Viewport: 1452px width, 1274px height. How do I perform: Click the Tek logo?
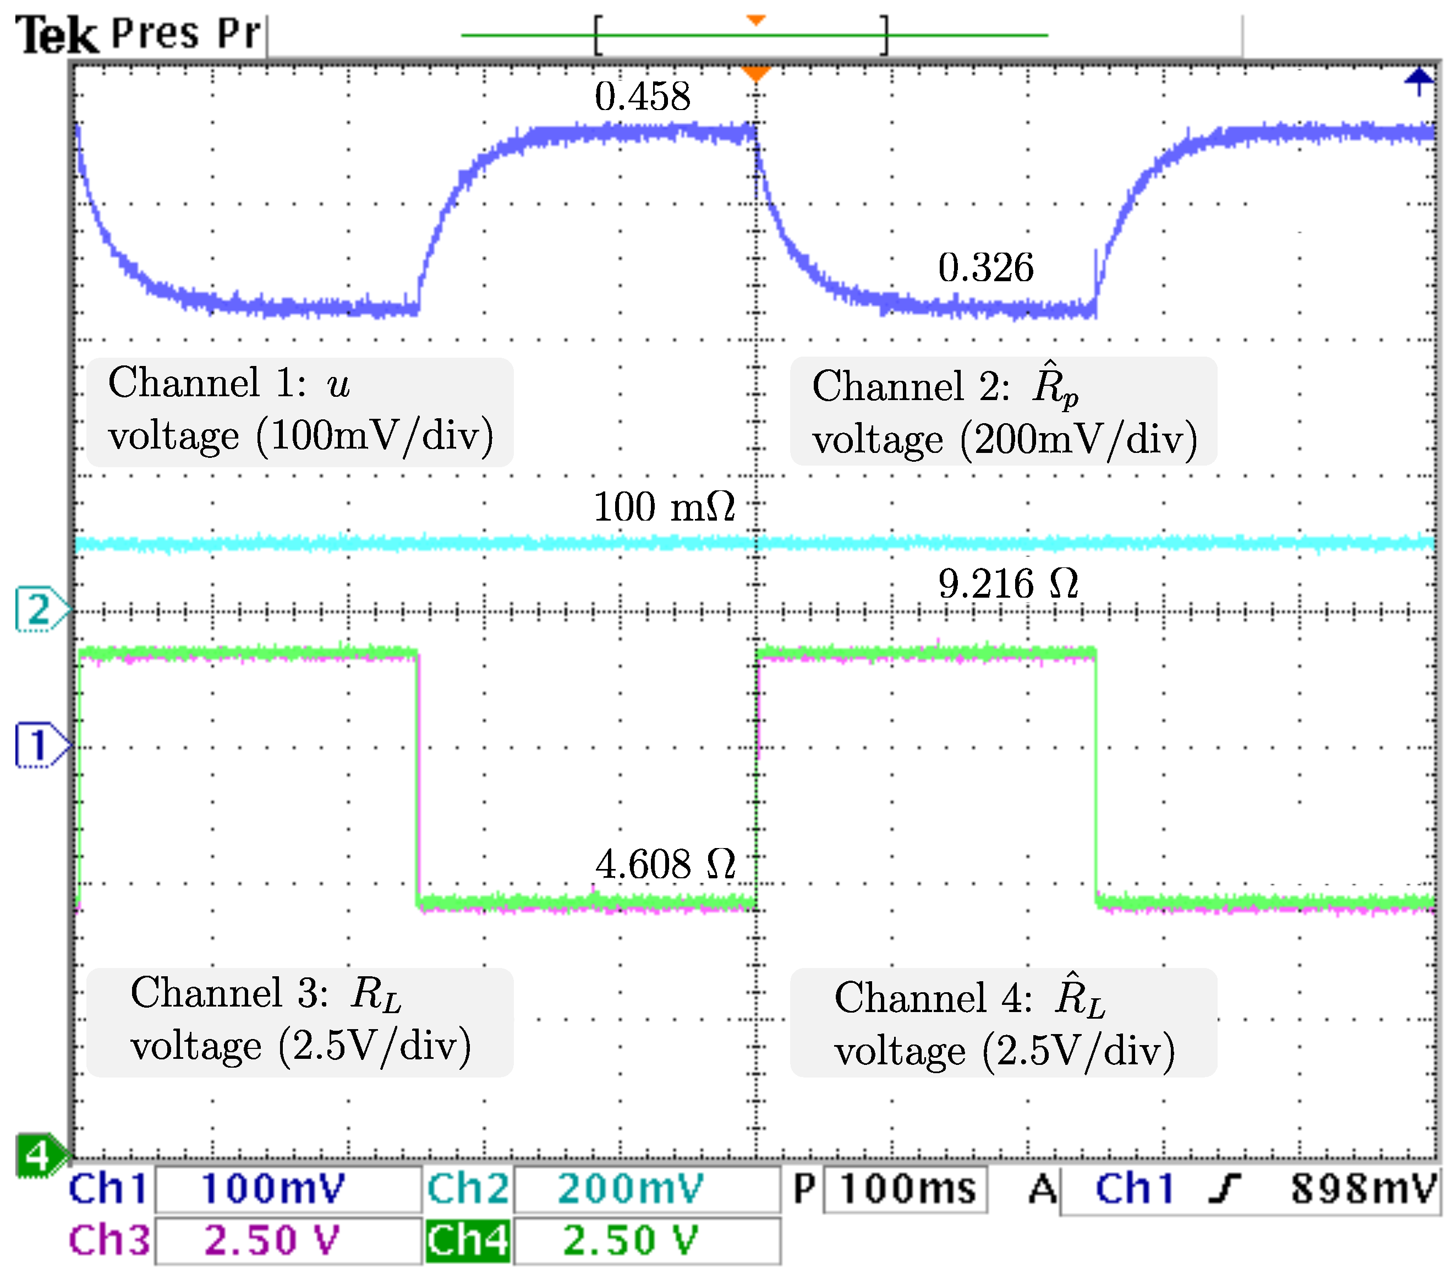pyautogui.click(x=56, y=36)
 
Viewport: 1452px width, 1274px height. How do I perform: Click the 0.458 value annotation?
pyautogui.click(x=642, y=97)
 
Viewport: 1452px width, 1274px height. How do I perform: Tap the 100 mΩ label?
pyautogui.click(x=664, y=507)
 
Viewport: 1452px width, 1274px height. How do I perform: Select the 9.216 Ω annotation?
pyautogui.click(x=1007, y=584)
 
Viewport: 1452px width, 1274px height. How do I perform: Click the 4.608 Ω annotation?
pyautogui.click(x=665, y=865)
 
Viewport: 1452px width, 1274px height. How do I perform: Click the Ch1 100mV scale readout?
pyautogui.click(x=273, y=1189)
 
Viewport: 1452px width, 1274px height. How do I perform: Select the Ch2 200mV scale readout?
pyautogui.click(x=631, y=1189)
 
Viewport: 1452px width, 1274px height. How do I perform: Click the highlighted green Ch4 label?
pyautogui.click(x=468, y=1240)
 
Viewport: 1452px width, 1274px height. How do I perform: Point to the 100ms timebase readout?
pyautogui.click(x=906, y=1189)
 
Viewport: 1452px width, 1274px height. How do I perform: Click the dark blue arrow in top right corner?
pyautogui.click(x=1418, y=80)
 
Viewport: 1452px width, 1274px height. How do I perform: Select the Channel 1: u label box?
pyautogui.click(x=300, y=412)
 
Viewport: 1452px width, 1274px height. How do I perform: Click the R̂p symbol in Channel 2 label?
pyautogui.click(x=1054, y=387)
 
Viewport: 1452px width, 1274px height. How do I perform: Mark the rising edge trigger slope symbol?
pyautogui.click(x=1225, y=1189)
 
